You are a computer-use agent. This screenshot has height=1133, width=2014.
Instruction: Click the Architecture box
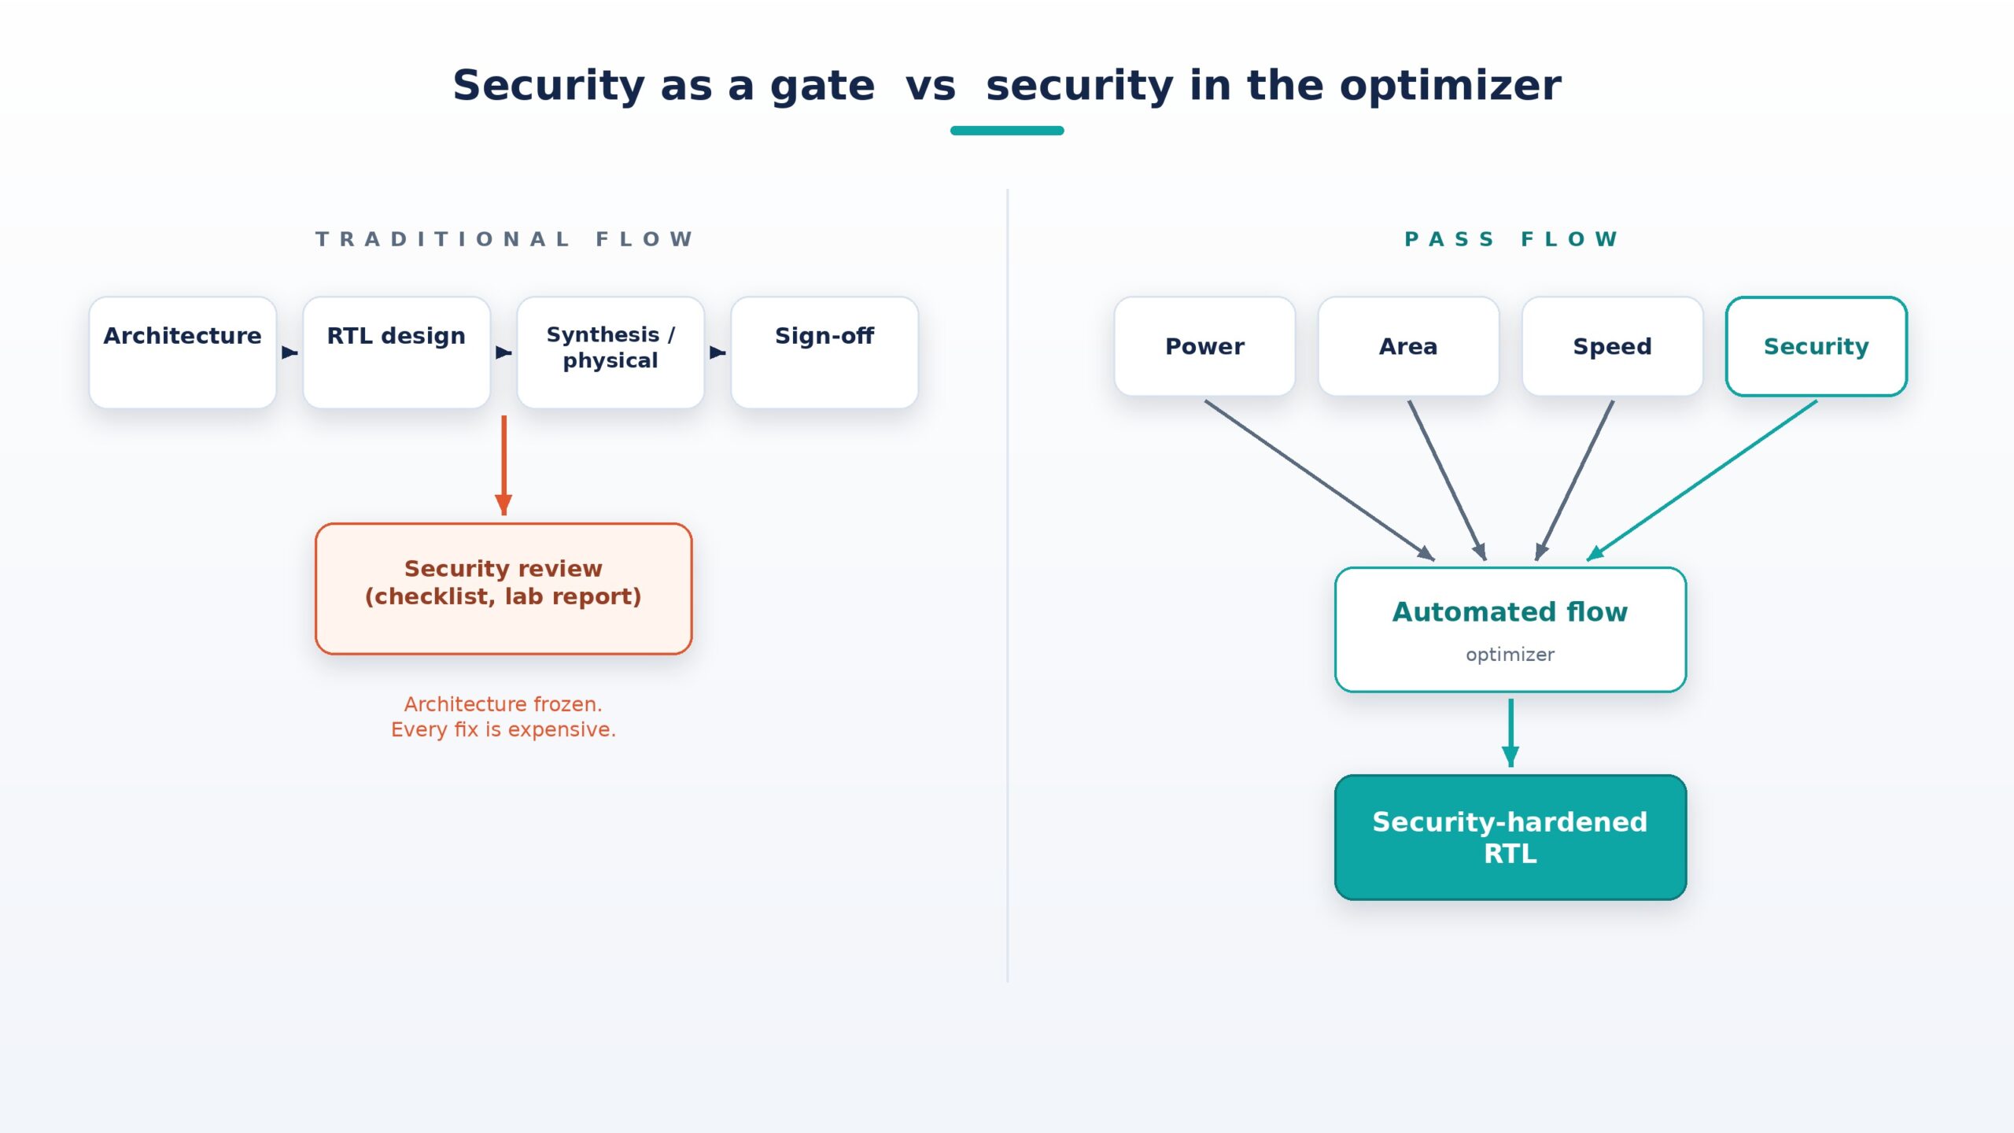(x=183, y=352)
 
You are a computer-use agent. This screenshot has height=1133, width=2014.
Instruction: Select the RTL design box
(x=397, y=352)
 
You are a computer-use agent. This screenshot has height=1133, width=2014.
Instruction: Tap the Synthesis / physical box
(x=610, y=352)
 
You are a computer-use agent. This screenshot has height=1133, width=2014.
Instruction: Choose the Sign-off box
(x=824, y=352)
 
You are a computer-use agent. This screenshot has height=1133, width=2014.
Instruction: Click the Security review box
(x=503, y=589)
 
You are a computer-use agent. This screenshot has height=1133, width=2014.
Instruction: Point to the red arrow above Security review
(x=503, y=466)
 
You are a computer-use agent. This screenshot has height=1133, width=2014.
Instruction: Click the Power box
(x=1204, y=346)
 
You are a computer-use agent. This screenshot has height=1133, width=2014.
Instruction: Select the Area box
(x=1408, y=346)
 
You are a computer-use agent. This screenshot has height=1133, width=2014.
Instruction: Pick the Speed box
(x=1612, y=346)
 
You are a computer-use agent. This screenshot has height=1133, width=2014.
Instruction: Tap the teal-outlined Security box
(x=1816, y=346)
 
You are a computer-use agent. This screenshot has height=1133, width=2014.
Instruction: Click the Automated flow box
(x=1510, y=629)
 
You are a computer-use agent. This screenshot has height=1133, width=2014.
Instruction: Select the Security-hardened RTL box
(x=1510, y=837)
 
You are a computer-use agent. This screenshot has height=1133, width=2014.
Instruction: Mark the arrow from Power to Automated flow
(x=1320, y=481)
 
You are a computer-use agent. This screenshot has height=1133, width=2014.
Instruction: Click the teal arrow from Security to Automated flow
(x=1702, y=481)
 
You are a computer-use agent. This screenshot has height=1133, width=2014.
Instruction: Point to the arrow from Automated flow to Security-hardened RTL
(x=1510, y=733)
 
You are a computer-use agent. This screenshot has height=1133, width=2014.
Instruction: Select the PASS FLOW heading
(x=1510, y=239)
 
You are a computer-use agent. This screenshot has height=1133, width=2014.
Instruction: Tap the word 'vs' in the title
(x=931, y=86)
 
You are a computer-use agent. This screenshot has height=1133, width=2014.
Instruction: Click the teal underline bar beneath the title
(x=1007, y=131)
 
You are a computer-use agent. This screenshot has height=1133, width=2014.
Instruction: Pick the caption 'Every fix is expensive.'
(x=503, y=729)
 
